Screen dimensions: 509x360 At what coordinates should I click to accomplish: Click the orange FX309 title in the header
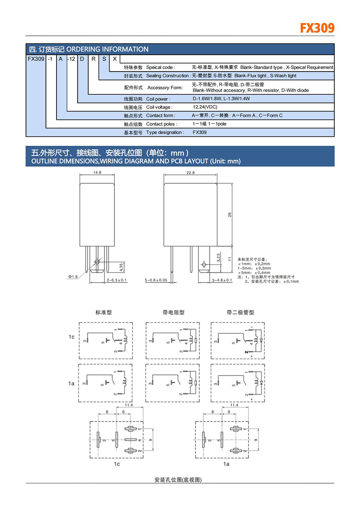click(317, 28)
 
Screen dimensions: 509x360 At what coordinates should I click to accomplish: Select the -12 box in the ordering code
click(71, 59)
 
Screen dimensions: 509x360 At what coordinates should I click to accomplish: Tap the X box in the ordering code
click(115, 59)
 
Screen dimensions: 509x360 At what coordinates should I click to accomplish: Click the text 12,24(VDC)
click(205, 107)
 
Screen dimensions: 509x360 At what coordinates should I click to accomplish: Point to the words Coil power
click(158, 99)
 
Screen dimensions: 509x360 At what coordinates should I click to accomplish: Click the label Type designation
click(165, 132)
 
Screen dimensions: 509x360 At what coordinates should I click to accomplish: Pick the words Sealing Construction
click(167, 76)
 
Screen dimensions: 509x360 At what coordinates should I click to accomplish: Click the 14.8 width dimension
click(97, 172)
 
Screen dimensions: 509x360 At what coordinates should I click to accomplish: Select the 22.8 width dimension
click(190, 173)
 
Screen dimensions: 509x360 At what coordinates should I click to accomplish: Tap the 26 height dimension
click(230, 215)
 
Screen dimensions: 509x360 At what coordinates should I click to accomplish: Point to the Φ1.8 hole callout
click(73, 277)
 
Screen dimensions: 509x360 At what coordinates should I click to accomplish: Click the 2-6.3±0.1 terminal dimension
click(117, 280)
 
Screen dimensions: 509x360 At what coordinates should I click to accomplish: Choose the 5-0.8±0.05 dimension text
click(156, 280)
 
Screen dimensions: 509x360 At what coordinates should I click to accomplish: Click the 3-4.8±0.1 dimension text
click(222, 280)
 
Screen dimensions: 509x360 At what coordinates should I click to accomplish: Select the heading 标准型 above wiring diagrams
click(104, 312)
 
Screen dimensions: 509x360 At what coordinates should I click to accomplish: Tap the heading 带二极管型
click(240, 312)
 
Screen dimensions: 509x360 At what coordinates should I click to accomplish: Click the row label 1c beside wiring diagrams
click(72, 337)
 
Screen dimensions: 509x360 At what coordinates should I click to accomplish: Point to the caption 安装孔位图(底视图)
click(178, 480)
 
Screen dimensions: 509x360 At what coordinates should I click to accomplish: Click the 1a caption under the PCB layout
click(226, 464)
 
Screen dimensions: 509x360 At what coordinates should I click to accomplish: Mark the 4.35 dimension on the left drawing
click(121, 267)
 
